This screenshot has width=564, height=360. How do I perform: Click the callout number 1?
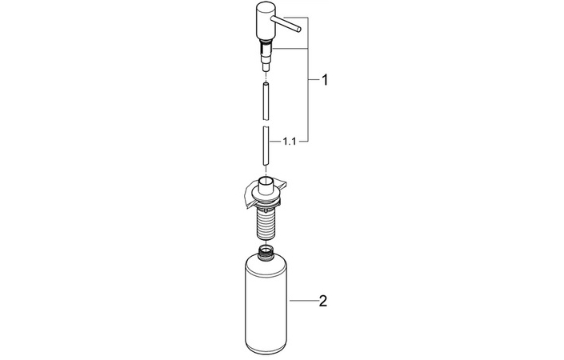coord(325,80)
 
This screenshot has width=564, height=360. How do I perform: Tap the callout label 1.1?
coord(289,142)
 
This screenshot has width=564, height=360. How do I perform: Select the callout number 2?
coord(323,301)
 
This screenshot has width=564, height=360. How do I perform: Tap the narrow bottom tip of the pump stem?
coord(266,68)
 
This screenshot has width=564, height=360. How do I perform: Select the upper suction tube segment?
coord(266,102)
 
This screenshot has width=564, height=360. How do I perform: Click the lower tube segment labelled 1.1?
coord(266,146)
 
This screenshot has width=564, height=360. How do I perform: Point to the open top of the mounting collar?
coord(266,179)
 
